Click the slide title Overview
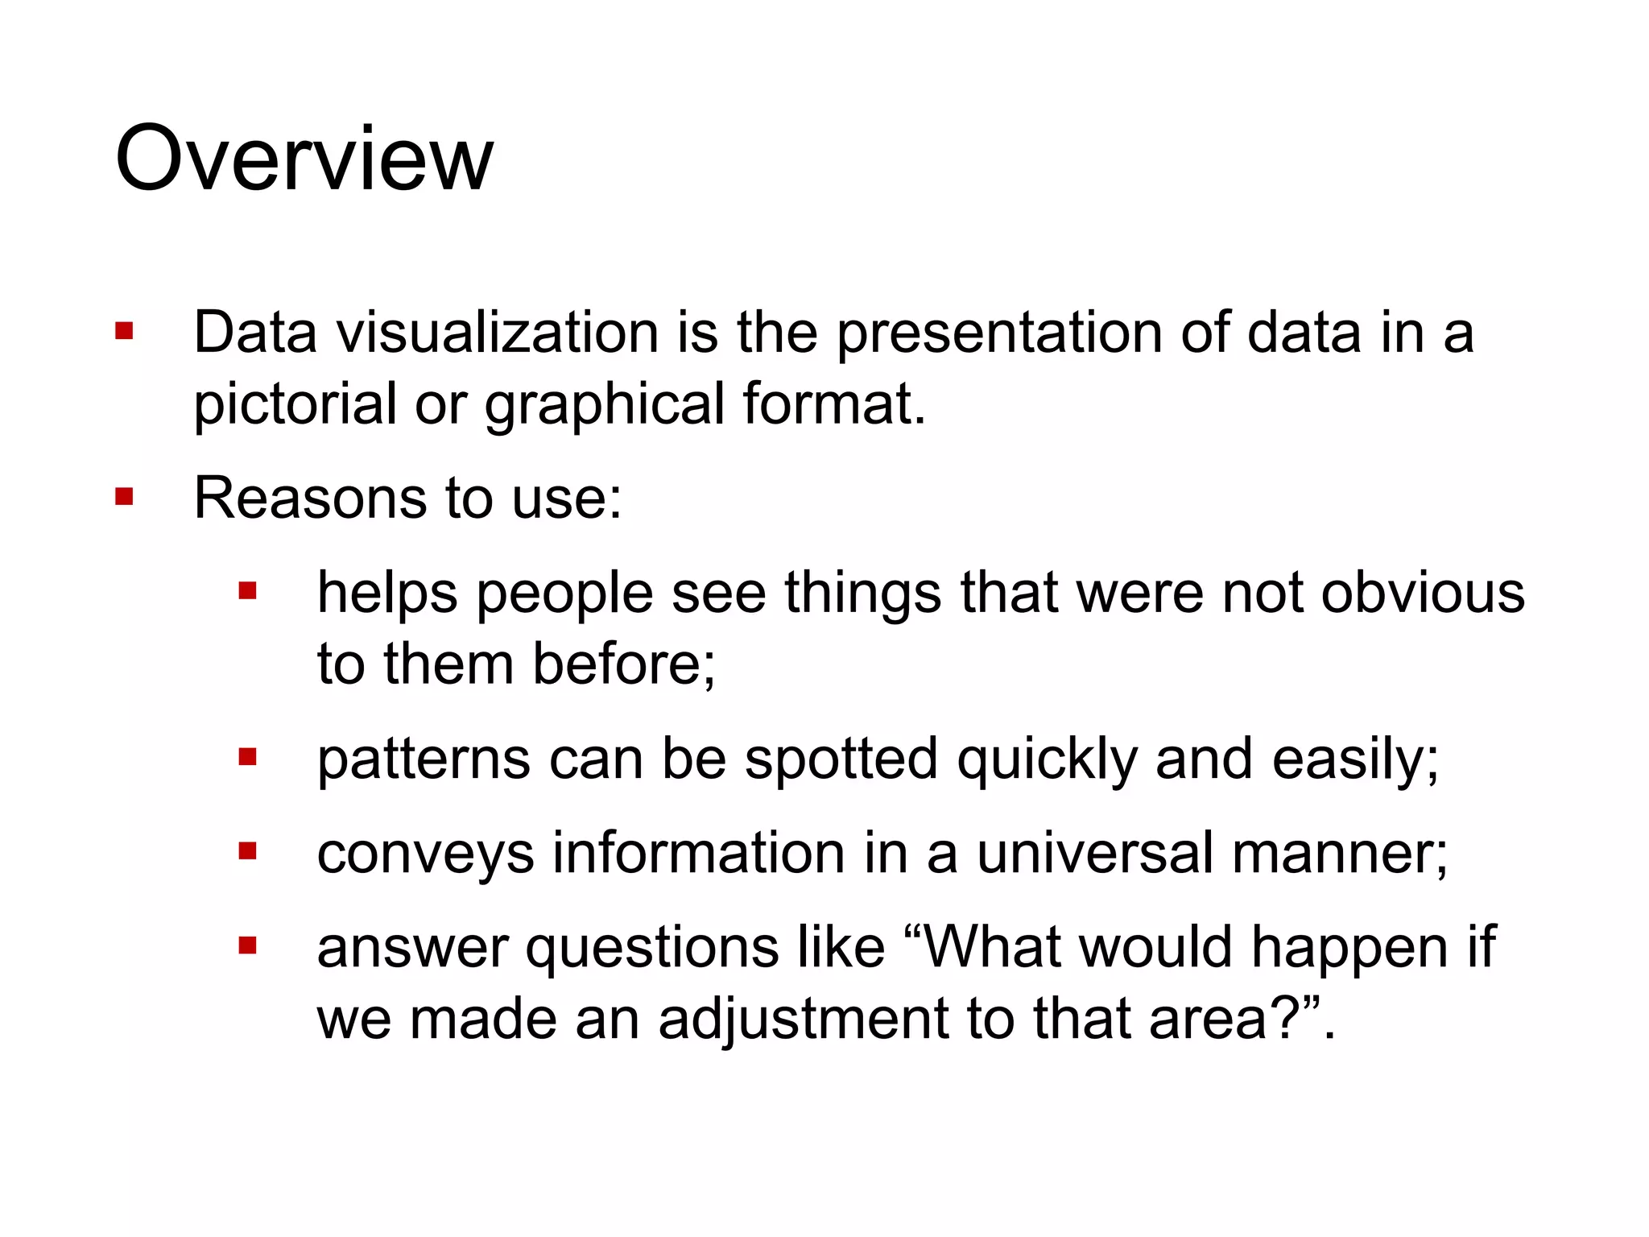click(x=304, y=159)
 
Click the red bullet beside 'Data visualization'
click(x=124, y=332)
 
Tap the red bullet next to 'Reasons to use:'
click(x=124, y=497)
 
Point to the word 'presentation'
click(x=998, y=333)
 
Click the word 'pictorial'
click(x=295, y=404)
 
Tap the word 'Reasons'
click(x=309, y=498)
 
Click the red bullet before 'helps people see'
click(x=247, y=592)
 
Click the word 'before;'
click(x=624, y=664)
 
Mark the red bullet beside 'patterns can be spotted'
click(x=247, y=758)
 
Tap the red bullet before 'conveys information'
click(x=247, y=852)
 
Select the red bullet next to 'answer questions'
click(x=247, y=945)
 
